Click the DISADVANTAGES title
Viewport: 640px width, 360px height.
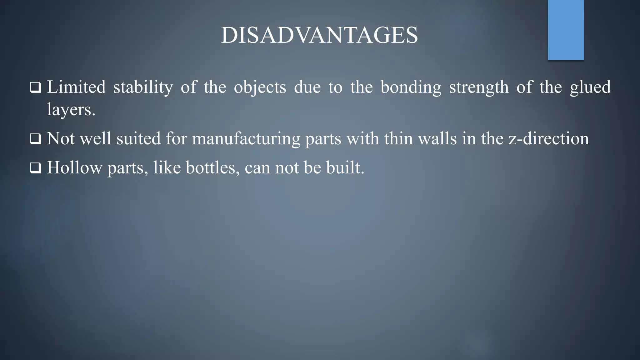tap(319, 35)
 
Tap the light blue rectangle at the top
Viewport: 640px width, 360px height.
tap(566, 30)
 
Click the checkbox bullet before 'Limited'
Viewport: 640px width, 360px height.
tap(35, 87)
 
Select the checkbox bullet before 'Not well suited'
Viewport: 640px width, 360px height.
tap(35, 139)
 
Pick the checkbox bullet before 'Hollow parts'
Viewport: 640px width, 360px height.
tap(35, 168)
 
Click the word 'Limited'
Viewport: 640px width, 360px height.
tap(76, 87)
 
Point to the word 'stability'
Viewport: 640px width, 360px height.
tap(143, 87)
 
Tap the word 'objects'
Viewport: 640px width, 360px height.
tap(260, 87)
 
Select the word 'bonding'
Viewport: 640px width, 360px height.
tap(411, 87)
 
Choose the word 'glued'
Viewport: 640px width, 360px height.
tap(590, 87)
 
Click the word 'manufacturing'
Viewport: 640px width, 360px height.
tap(246, 139)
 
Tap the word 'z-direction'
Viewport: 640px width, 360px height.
tap(549, 138)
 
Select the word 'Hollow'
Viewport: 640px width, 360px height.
tap(74, 167)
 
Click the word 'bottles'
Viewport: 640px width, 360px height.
tap(210, 167)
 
